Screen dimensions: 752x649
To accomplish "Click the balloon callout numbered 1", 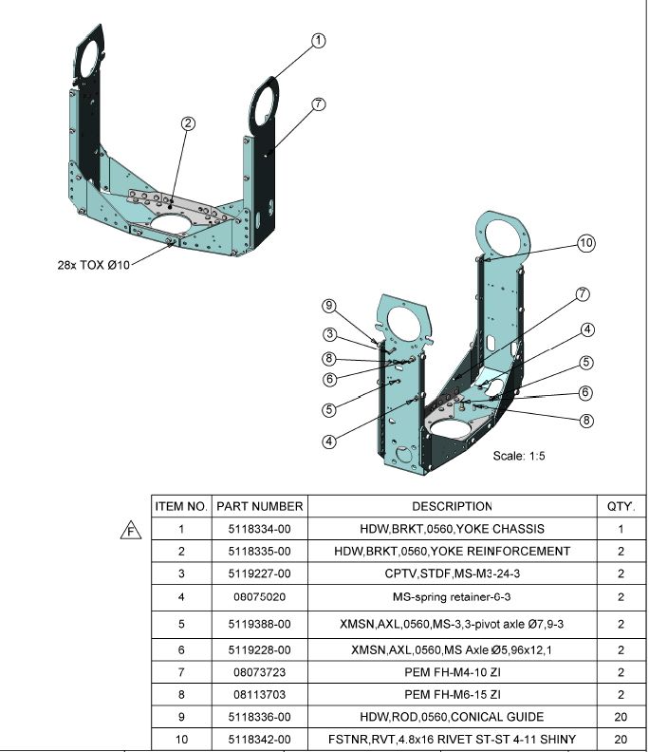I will tap(319, 40).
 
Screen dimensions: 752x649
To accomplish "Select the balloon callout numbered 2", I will tap(189, 123).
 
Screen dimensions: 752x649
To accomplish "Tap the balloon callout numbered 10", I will tap(586, 244).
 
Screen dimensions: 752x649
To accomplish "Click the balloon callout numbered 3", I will tap(328, 333).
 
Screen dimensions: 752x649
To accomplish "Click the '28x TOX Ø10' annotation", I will tap(92, 265).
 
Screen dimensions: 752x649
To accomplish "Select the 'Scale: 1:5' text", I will tap(519, 456).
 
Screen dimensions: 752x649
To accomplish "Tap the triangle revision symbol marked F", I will tap(131, 530).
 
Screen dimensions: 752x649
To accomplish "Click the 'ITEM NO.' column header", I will tap(181, 507).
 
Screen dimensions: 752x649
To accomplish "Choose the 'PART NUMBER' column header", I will tap(260, 507).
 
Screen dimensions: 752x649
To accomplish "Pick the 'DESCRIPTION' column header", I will tap(452, 507).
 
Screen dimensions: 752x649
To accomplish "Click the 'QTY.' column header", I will tap(621, 507).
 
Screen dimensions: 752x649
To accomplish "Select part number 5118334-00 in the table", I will tap(260, 529).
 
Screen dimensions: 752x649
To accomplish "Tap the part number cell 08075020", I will tap(260, 597).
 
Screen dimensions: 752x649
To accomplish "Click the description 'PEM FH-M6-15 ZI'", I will tap(452, 694).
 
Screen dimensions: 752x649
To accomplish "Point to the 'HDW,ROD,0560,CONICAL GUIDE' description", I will tap(452, 716).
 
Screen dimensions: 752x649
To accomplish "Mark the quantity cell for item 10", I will tap(621, 739).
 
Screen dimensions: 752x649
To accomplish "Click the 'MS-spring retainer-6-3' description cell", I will tap(452, 597).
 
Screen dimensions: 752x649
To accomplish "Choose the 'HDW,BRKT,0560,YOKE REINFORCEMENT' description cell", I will tap(452, 551).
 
